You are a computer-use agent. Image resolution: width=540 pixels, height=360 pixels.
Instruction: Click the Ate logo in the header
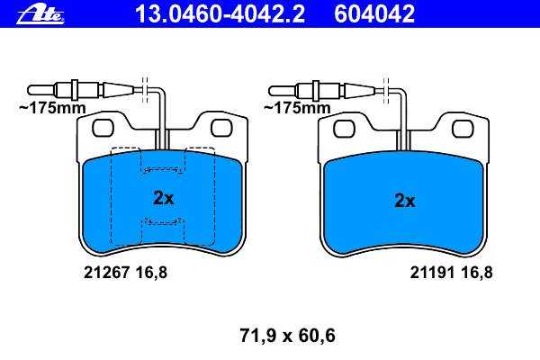(40, 15)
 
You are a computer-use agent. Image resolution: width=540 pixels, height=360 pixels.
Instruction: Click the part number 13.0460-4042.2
(220, 13)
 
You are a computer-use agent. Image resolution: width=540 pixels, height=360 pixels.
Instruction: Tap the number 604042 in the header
(374, 13)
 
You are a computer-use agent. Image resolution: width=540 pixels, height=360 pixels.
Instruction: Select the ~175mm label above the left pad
(52, 108)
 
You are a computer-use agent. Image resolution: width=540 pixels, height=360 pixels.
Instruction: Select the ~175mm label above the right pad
(297, 108)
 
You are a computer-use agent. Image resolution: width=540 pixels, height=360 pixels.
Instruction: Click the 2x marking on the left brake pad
(164, 198)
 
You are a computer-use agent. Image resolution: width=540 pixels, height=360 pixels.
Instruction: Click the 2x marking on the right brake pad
(405, 200)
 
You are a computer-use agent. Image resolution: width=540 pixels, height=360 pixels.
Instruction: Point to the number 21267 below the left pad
(106, 273)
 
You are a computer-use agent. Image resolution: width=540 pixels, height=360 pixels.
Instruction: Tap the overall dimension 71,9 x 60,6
(288, 336)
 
